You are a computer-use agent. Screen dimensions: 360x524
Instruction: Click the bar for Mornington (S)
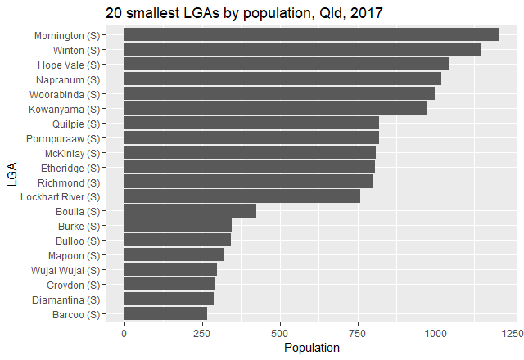[311, 34]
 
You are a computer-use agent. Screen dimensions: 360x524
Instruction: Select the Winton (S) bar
[302, 50]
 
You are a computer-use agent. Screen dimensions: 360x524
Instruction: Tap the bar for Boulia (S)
[190, 211]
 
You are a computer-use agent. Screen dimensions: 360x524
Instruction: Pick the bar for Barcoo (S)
[165, 314]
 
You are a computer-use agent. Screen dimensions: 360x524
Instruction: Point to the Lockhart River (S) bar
[242, 196]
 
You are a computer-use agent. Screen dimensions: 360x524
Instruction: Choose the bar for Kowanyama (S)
[275, 108]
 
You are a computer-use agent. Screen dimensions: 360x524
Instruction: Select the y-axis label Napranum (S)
[68, 79]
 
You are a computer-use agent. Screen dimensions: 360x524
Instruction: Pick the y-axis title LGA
[11, 174]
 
